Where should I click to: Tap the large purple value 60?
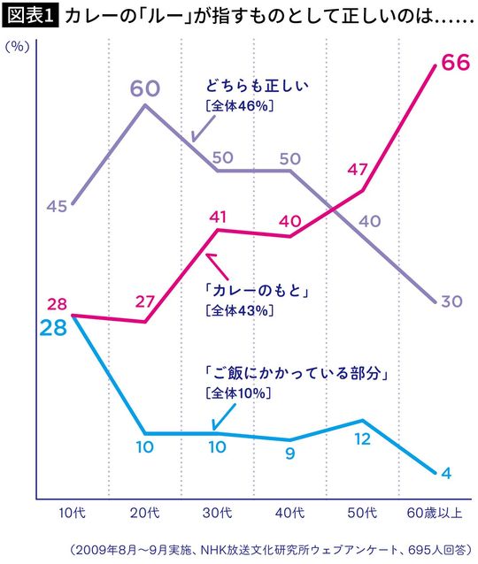[146, 89]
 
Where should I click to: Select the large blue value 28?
[53, 328]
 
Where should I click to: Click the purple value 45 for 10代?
[57, 206]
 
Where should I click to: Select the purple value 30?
[451, 301]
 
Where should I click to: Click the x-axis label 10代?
[70, 513]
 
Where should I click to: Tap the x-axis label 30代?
[218, 513]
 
